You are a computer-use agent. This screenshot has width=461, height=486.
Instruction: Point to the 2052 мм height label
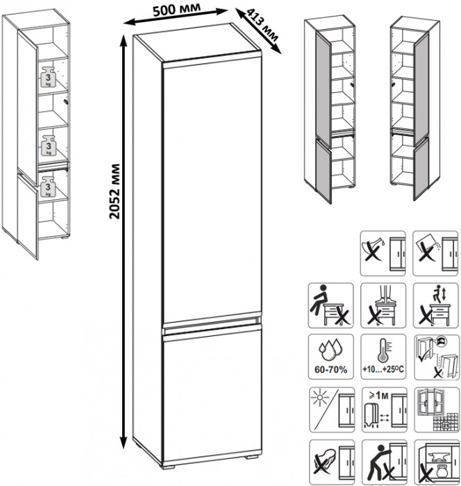coord(114,191)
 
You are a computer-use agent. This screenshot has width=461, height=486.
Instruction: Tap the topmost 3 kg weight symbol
coord(48,77)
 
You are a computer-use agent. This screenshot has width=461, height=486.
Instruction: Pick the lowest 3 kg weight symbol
coord(48,187)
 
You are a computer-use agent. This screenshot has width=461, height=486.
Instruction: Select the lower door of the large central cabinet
coord(210,396)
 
